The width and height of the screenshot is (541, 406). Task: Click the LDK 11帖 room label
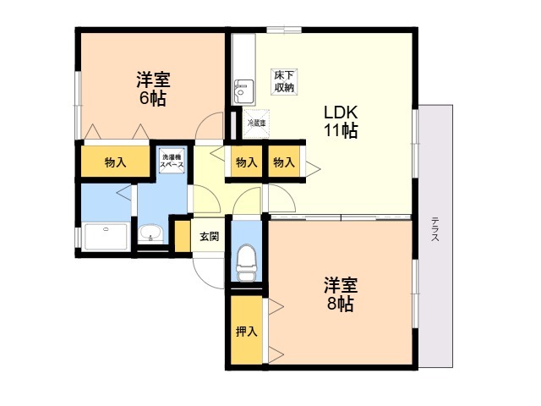(x=340, y=122)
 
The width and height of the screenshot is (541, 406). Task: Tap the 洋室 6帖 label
(x=153, y=89)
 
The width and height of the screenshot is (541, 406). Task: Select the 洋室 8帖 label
(x=340, y=294)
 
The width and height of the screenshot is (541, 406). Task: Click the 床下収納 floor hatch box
(x=284, y=81)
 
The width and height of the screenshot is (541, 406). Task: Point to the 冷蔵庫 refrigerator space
(x=256, y=123)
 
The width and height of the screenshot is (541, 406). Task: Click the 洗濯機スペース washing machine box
(x=172, y=160)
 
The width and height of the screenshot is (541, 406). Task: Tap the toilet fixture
(x=247, y=262)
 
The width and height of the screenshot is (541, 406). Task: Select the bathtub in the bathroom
(x=106, y=237)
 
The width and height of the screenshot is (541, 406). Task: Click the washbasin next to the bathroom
(x=150, y=233)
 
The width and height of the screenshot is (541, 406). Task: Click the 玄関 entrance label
(x=209, y=237)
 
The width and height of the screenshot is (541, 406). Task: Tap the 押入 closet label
(x=246, y=332)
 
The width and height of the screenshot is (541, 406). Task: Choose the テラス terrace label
(x=435, y=229)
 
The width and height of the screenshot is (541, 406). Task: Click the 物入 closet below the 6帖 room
(x=115, y=162)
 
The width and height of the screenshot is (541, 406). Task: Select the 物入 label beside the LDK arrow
(x=284, y=162)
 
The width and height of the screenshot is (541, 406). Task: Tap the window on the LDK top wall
(x=284, y=30)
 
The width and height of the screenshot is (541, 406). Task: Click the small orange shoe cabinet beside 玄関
(x=183, y=236)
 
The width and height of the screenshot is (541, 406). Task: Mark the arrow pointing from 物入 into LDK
(x=313, y=169)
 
